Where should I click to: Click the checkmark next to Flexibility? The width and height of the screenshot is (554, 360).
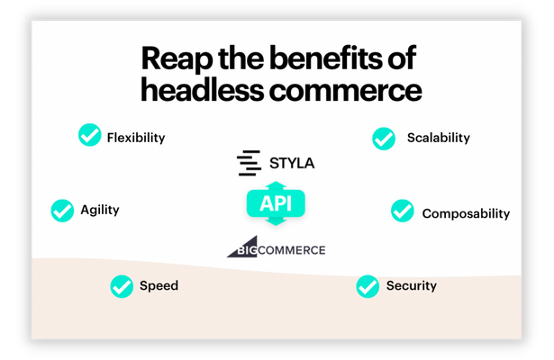[x=89, y=136]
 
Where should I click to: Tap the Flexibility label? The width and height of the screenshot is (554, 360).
[x=136, y=138]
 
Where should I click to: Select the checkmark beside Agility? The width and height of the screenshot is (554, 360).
[x=62, y=211]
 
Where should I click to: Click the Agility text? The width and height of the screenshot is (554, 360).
[x=99, y=210]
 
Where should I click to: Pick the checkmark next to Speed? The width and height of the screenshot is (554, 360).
[x=122, y=286]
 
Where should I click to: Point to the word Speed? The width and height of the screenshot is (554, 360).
[x=159, y=286]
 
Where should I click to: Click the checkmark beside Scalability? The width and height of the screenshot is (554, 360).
[x=384, y=139]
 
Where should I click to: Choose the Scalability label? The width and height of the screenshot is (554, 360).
[x=438, y=138]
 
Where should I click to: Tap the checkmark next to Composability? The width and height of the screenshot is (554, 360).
[x=403, y=211]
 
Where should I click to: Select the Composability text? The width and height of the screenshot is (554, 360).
[x=466, y=213]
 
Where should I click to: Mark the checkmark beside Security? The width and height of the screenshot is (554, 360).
[x=367, y=286]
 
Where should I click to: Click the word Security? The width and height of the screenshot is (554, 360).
[x=411, y=286]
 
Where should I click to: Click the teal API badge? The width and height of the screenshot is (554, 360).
[x=276, y=202]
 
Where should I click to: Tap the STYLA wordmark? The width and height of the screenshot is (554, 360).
[x=292, y=163]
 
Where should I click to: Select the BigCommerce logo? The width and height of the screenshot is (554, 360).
[x=276, y=248]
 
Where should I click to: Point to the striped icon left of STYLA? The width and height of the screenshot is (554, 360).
[x=248, y=163]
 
